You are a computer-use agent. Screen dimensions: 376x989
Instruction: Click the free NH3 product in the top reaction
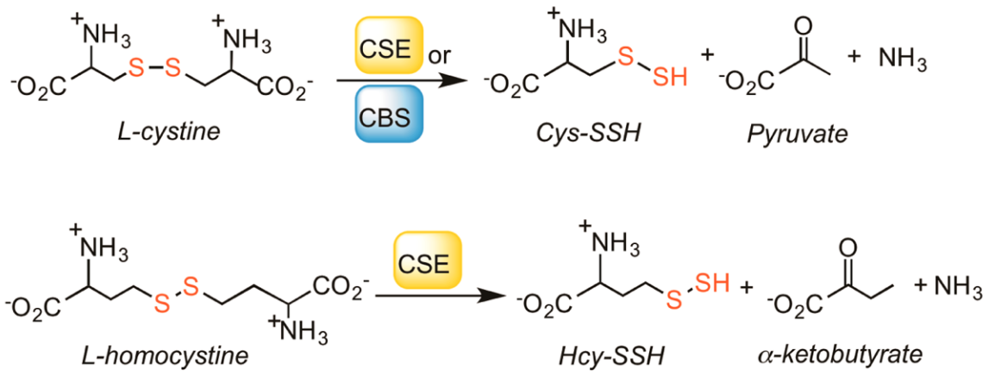click(x=902, y=59)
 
